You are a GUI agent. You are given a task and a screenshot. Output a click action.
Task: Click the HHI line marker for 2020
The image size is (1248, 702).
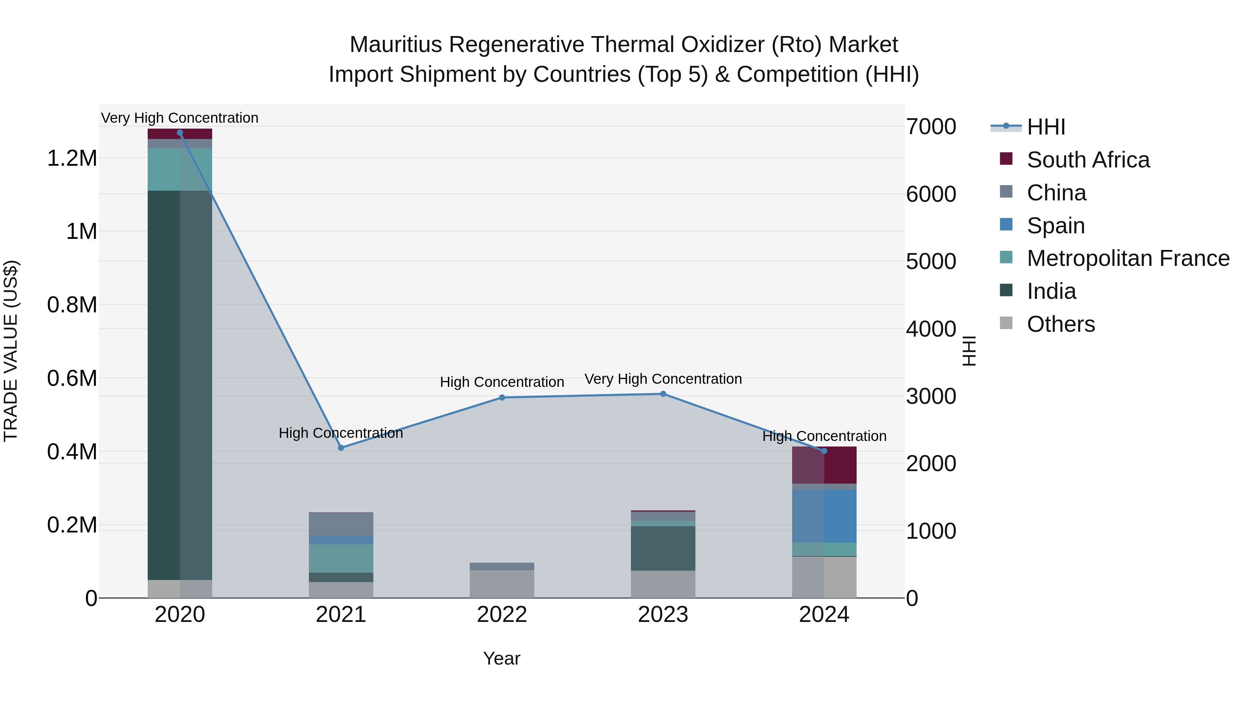(x=180, y=133)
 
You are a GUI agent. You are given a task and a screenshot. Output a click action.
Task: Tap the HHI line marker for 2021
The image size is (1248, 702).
(x=341, y=448)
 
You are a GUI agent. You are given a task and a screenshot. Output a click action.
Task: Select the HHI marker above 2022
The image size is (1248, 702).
(x=502, y=397)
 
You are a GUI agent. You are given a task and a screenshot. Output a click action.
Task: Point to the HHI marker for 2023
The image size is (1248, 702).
(x=663, y=394)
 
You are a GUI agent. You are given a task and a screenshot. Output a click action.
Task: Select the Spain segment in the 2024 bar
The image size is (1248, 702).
(x=824, y=515)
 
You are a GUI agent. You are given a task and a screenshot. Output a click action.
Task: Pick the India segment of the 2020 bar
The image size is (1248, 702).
(x=180, y=385)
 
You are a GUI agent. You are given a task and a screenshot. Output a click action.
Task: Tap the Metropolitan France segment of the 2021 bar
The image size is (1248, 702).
(x=341, y=558)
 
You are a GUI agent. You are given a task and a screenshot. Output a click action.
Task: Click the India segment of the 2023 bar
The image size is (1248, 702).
(x=663, y=548)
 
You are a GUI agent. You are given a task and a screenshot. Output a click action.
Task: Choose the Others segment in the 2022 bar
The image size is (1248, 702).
(x=502, y=583)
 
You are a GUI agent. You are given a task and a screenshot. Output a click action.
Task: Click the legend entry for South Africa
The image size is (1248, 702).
(x=1087, y=160)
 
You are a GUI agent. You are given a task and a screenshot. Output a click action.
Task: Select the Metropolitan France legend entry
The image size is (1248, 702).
(x=1128, y=258)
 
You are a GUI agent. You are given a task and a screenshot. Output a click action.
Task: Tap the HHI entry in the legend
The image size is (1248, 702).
(x=1046, y=127)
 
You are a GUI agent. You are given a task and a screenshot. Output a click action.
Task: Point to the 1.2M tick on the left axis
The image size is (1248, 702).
(x=72, y=158)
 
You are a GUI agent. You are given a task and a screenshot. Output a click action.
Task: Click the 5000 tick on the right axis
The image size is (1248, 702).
(x=931, y=262)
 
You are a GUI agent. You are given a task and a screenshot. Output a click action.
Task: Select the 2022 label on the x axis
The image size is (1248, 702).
(x=502, y=615)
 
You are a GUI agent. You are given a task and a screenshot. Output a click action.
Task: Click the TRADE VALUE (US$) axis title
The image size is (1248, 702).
(x=11, y=351)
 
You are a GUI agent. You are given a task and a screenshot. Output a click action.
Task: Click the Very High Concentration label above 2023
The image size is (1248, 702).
(x=663, y=379)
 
